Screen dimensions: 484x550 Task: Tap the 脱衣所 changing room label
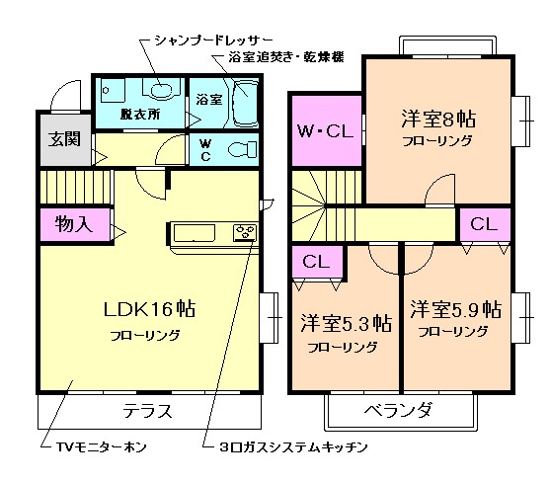click(140, 114)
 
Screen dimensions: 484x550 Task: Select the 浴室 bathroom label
click(207, 100)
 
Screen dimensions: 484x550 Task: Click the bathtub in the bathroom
click(243, 102)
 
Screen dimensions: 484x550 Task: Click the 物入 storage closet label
click(73, 224)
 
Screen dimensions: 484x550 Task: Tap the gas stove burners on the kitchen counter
click(244, 233)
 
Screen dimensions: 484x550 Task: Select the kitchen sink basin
click(194, 233)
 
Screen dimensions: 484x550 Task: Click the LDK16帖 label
click(150, 309)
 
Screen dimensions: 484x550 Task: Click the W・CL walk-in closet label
click(325, 130)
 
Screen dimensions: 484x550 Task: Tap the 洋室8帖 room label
click(437, 120)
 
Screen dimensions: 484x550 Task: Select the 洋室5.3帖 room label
click(345, 324)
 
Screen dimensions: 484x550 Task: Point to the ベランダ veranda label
click(398, 409)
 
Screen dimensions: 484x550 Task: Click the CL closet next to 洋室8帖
click(484, 223)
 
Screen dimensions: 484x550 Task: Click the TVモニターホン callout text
click(99, 446)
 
